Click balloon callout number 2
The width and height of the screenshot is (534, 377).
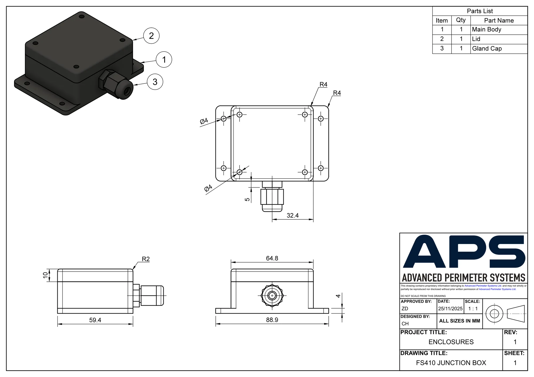pyautogui.click(x=151, y=36)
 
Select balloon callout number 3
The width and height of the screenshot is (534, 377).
pyautogui.click(x=155, y=82)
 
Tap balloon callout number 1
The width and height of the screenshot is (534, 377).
pyautogui.click(x=164, y=59)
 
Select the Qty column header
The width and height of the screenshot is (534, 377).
pyautogui.click(x=461, y=20)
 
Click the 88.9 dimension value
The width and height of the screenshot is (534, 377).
pyautogui.click(x=272, y=320)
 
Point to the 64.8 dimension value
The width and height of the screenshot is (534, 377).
pyautogui.click(x=272, y=258)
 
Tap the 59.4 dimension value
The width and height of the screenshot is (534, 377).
pyautogui.click(x=95, y=320)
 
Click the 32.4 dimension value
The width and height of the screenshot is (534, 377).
pyautogui.click(x=293, y=215)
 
